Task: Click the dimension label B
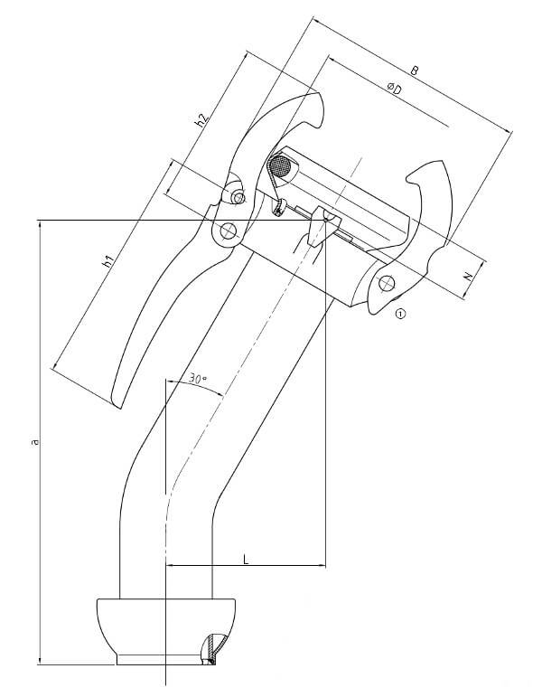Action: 413,70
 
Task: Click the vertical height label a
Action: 34,441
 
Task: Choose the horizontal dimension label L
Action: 245,560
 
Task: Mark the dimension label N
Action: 468,280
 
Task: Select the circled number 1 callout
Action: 400,314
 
